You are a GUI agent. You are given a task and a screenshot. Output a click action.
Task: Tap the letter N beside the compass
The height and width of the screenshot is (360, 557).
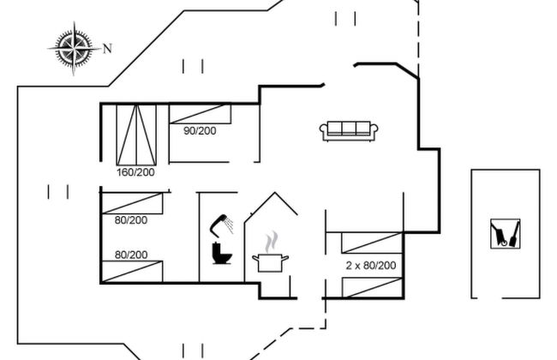[x=107, y=48]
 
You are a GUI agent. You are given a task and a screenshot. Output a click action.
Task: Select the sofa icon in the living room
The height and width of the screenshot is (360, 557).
[x=350, y=130]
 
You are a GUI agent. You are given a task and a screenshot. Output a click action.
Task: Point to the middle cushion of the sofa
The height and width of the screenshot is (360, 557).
[x=350, y=129]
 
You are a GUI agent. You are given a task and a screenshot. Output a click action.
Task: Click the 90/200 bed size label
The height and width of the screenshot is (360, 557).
[x=201, y=131]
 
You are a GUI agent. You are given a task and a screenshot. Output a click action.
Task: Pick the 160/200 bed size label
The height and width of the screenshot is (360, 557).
[x=135, y=172]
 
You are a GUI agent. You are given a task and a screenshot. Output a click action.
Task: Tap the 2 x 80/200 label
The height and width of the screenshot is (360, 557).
[x=370, y=266]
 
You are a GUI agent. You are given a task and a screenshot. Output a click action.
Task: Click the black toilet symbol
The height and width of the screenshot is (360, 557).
[x=220, y=255]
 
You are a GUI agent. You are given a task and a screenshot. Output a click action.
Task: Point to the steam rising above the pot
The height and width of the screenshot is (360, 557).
[x=272, y=238]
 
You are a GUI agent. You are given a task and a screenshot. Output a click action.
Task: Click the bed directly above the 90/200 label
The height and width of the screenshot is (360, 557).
[x=201, y=114]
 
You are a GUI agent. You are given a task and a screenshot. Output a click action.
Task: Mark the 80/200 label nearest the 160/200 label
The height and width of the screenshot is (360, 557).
[x=131, y=220]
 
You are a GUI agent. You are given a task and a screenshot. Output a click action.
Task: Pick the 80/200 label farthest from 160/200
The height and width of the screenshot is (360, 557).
[x=131, y=255]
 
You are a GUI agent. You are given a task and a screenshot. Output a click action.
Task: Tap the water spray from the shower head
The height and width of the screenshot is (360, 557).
[x=214, y=229]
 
